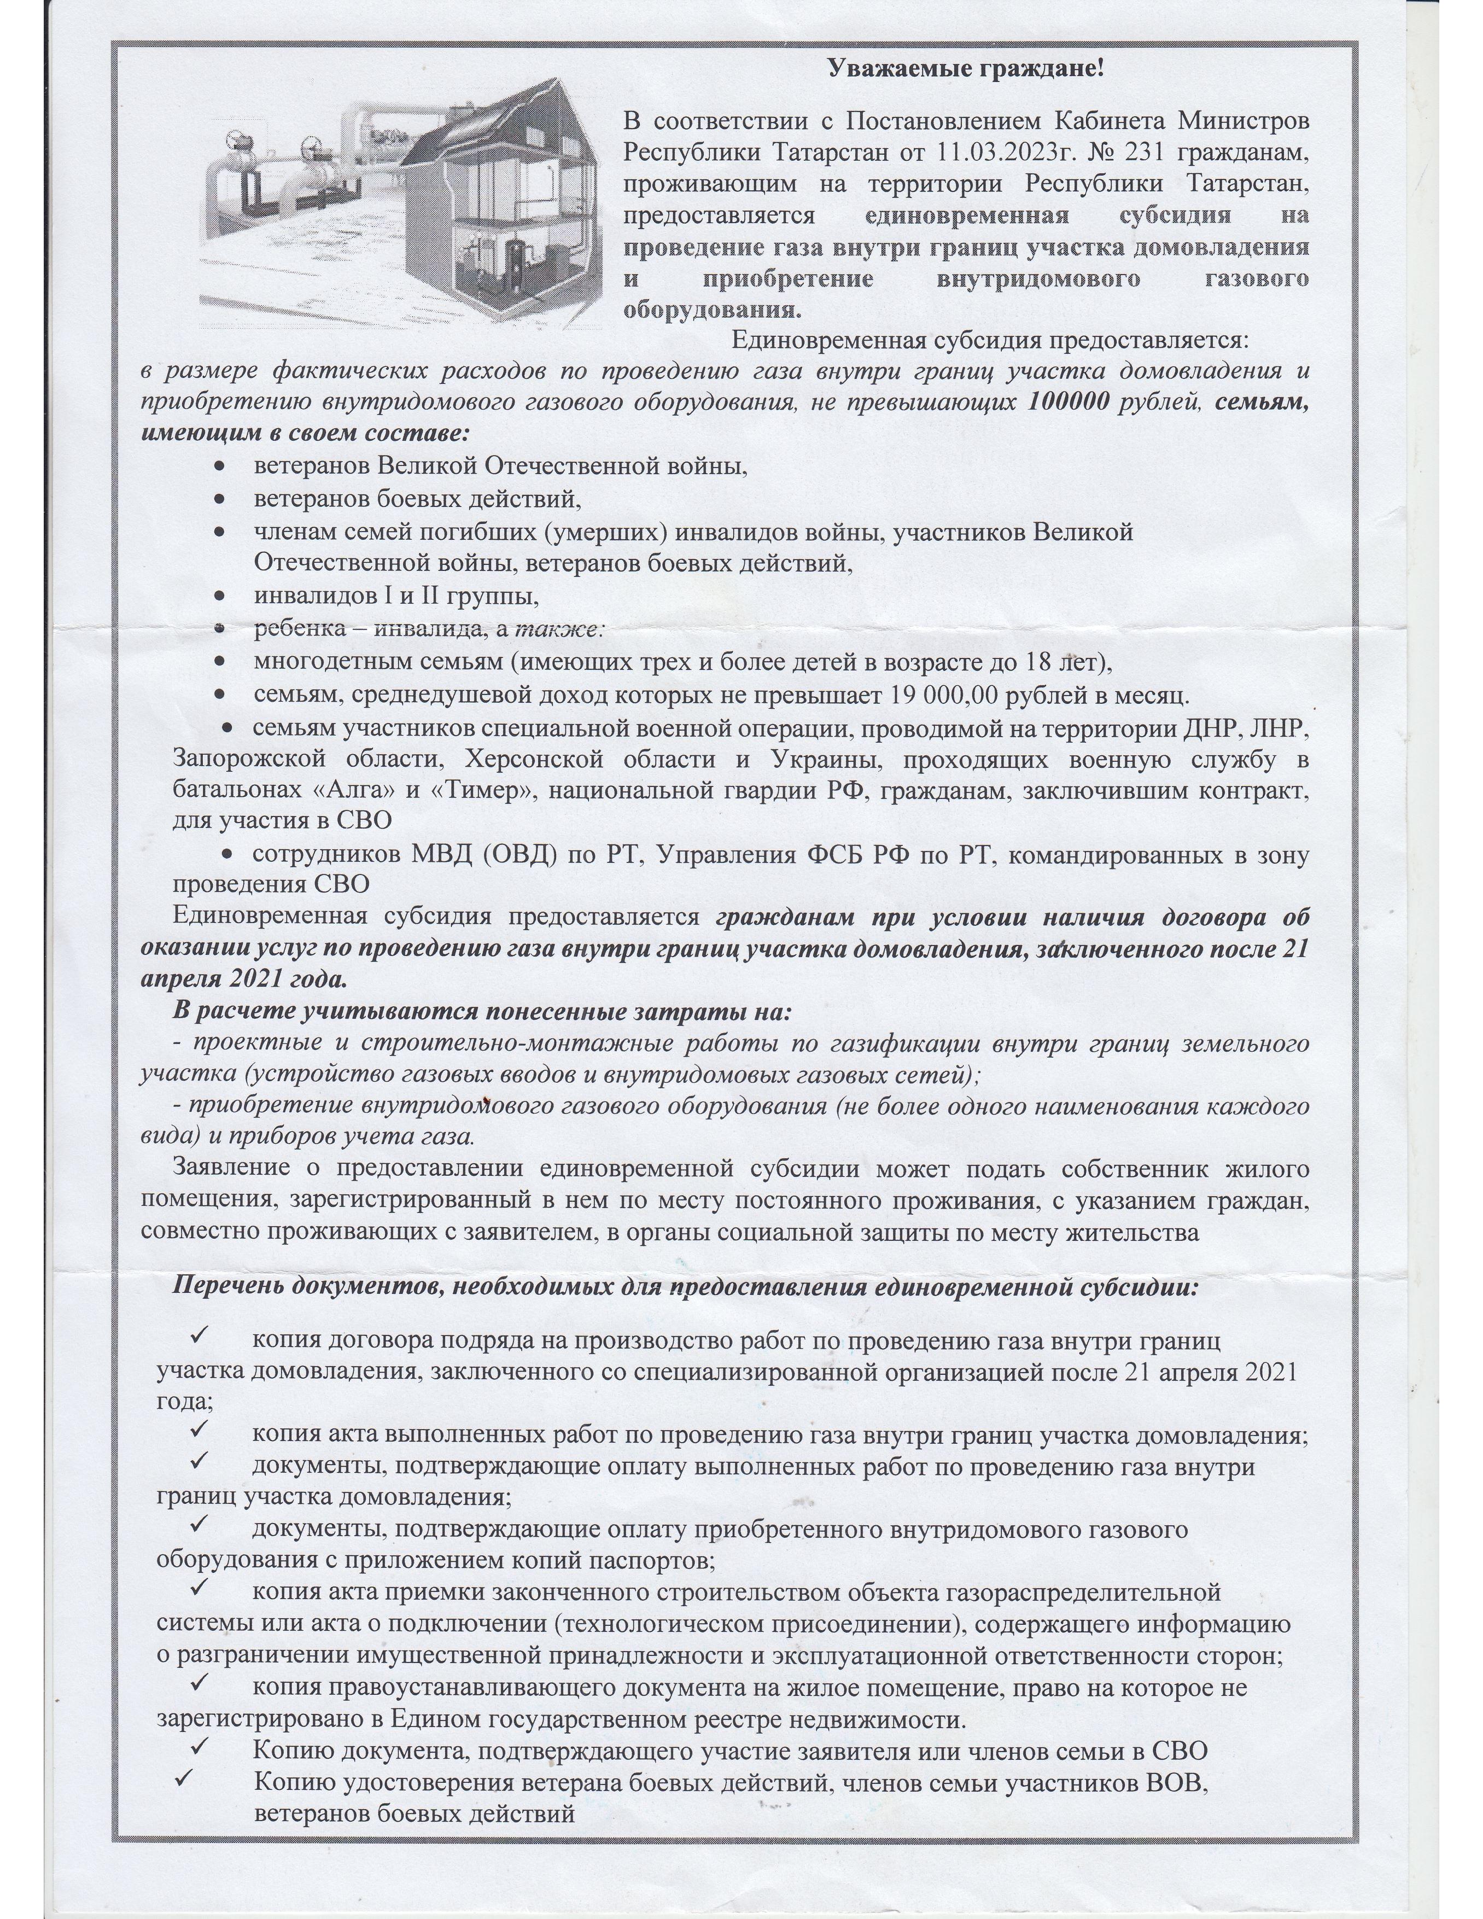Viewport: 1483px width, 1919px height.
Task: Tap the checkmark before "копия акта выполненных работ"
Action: tap(197, 1433)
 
